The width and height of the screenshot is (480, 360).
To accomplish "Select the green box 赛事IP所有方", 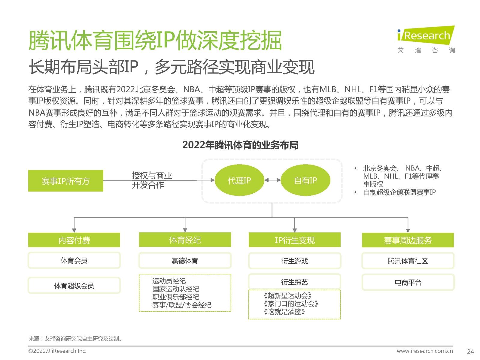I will [x=66, y=181].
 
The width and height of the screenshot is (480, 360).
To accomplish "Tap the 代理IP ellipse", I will [x=239, y=180].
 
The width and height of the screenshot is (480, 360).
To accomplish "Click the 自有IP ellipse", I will [x=305, y=180].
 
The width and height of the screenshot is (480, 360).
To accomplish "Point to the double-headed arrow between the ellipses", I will [x=272, y=180].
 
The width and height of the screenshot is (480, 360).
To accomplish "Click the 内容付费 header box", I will [x=74, y=240].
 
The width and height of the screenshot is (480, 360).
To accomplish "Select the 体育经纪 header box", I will [x=185, y=240].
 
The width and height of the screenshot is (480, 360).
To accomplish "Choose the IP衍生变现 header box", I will [x=295, y=240].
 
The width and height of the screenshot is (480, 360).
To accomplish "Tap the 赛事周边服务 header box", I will [x=408, y=240].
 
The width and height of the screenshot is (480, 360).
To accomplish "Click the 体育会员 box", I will [x=74, y=260].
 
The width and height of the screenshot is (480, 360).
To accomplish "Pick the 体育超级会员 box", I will [x=74, y=285].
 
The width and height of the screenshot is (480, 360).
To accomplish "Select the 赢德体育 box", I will [x=185, y=261].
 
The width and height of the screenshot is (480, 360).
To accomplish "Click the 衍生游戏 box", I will [x=295, y=261].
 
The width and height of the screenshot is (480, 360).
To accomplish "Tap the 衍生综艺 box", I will [x=295, y=282].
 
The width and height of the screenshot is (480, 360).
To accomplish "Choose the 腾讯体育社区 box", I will [x=408, y=261].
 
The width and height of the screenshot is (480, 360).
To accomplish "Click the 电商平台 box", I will [x=408, y=282].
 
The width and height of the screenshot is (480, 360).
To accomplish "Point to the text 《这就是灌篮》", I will [x=284, y=312].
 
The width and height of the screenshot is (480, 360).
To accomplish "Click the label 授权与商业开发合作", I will [x=152, y=180].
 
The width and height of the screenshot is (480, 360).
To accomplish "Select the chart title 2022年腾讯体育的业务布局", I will [x=240, y=145].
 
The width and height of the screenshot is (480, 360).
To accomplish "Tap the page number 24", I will [x=470, y=351].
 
